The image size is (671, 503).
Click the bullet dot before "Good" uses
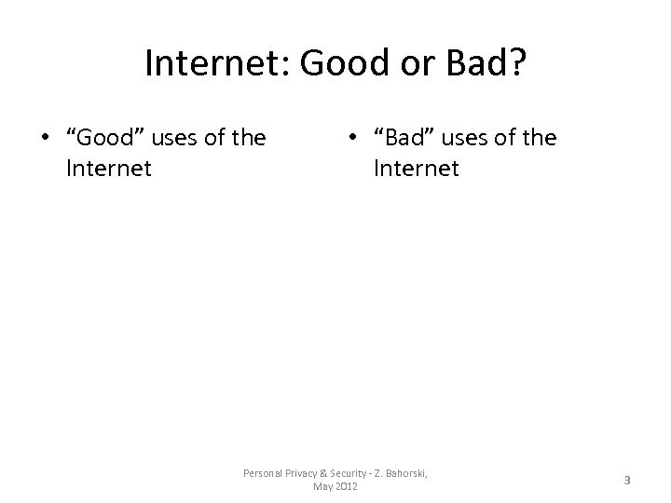45,140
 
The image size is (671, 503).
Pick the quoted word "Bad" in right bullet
402,140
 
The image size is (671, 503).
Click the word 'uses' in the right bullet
464,140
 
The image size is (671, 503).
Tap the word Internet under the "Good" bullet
108,170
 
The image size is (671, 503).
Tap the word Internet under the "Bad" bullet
416,170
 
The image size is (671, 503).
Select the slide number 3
627,481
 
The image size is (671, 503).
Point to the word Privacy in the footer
304,473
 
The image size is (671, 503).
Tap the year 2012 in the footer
347,486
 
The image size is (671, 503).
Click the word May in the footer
322,486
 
